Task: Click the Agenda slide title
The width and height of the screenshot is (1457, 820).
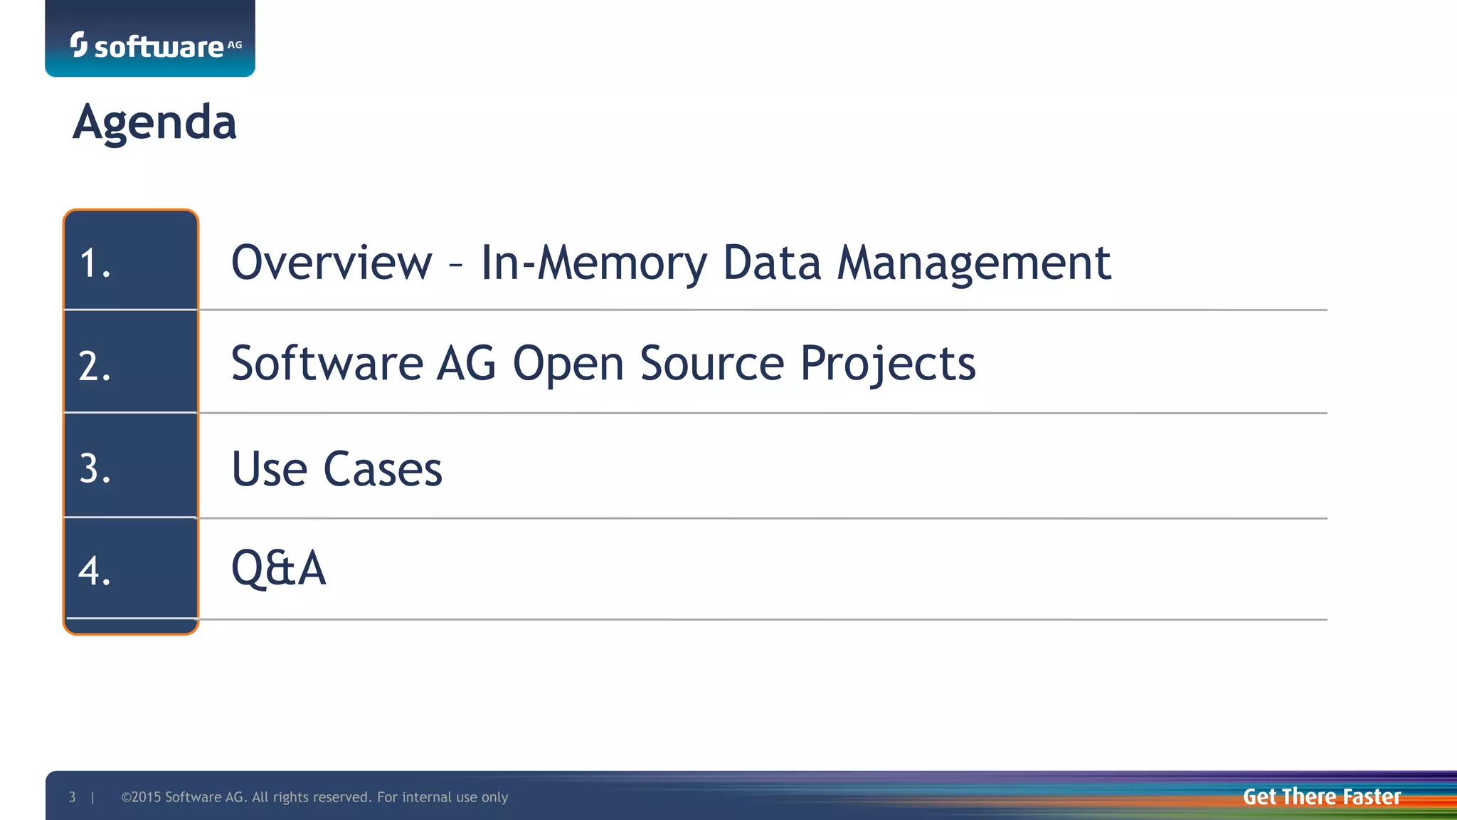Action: coord(154,122)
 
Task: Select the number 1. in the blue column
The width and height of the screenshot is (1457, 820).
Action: coord(95,263)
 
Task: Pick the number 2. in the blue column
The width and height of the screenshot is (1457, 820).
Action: coord(95,366)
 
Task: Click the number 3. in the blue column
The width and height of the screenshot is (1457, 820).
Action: coord(95,469)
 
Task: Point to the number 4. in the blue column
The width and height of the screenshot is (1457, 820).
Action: coord(95,571)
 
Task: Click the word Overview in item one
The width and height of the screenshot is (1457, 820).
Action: coord(332,263)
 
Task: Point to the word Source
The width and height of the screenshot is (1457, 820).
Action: coord(712,364)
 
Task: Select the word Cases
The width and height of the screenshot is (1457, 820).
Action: coord(383,469)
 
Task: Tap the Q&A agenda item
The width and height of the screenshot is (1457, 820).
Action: coord(279,569)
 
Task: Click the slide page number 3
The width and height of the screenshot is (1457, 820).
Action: coord(72,797)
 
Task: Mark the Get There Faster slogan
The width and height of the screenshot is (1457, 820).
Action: coord(1322,797)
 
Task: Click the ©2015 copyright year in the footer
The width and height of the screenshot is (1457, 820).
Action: coord(142,797)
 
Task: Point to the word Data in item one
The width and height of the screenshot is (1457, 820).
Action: coord(772,263)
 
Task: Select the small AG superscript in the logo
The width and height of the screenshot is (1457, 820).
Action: coord(235,45)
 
